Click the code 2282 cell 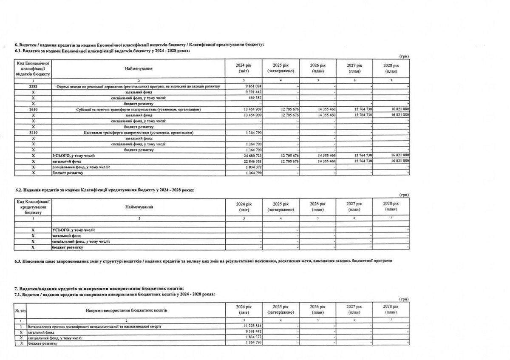point(33,86)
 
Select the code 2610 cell point(33,110)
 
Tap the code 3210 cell point(33,133)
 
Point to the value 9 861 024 point(252,86)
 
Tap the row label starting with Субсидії point(138,110)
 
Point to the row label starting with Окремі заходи point(138,86)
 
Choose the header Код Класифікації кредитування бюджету point(33,207)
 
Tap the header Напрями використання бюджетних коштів point(127,310)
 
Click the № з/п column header point(19,310)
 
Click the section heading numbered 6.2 point(105,190)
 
